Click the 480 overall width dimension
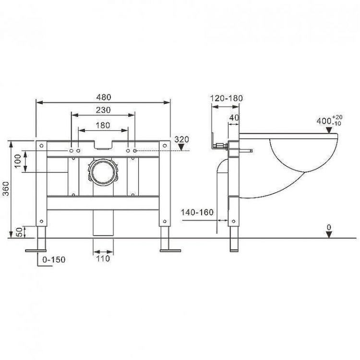point(103,95)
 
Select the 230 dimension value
point(103,110)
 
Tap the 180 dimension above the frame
point(103,125)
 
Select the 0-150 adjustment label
point(54,260)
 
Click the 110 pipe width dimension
point(103,259)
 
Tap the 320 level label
point(181,139)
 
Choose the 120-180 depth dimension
point(227,99)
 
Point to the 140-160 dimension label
point(197,211)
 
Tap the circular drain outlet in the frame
point(103,172)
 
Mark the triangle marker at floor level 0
point(328,234)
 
